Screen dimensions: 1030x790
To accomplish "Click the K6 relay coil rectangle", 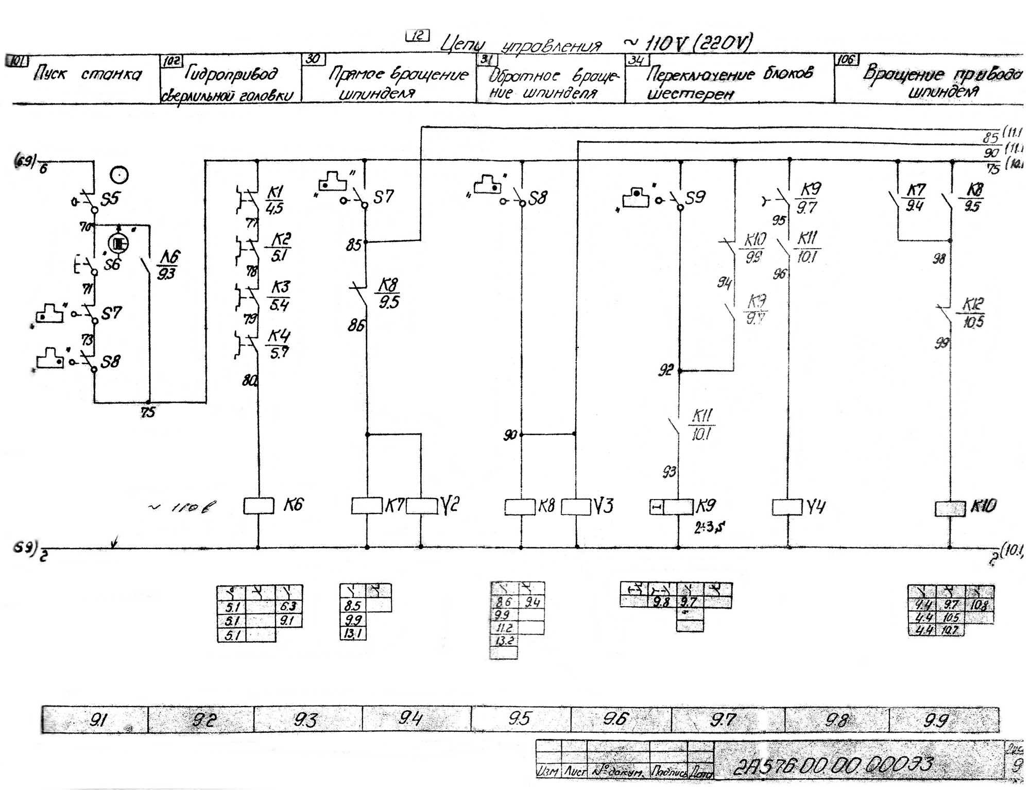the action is pos(259,506).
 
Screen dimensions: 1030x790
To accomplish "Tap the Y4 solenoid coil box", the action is pos(787,507).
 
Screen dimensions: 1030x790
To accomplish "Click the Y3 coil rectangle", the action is pos(576,507).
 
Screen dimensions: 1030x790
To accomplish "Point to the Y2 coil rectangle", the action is pos(421,506).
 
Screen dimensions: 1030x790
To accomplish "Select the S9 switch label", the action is pos(695,197).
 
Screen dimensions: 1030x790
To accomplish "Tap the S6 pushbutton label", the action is pos(112,265).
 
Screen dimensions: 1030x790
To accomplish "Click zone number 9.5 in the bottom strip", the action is pos(519,718).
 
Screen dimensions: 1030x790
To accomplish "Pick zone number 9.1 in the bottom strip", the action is pos(98,719).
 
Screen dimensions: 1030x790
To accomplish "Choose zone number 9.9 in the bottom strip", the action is pos(936,719).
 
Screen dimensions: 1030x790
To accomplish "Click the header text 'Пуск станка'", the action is pos(88,75).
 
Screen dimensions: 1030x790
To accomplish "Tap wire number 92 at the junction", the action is pos(665,370).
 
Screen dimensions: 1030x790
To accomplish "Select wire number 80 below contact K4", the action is pos(249,381).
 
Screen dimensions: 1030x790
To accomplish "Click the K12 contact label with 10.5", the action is pos(973,313).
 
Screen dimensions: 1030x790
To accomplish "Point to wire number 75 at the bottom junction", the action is pos(148,413).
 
